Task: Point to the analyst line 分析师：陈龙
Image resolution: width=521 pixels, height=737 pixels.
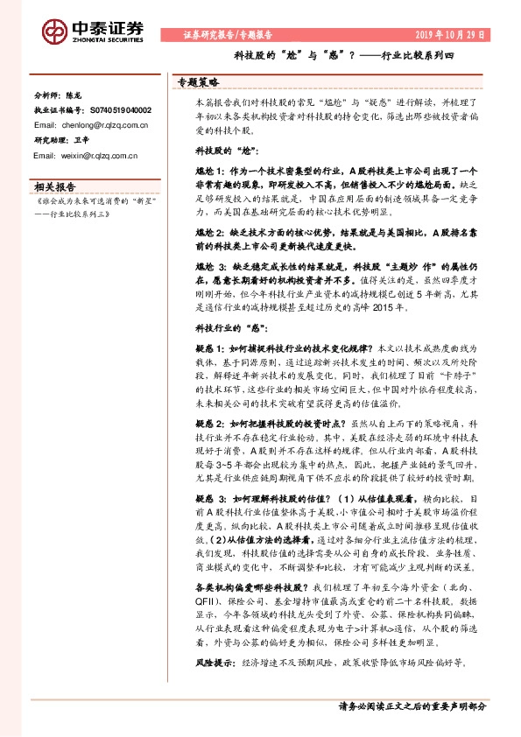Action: point(57,96)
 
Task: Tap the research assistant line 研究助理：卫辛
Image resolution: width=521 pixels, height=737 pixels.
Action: point(57,139)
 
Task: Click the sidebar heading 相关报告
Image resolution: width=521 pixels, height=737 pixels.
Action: point(54,186)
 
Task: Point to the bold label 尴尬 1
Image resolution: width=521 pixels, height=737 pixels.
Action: point(207,173)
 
